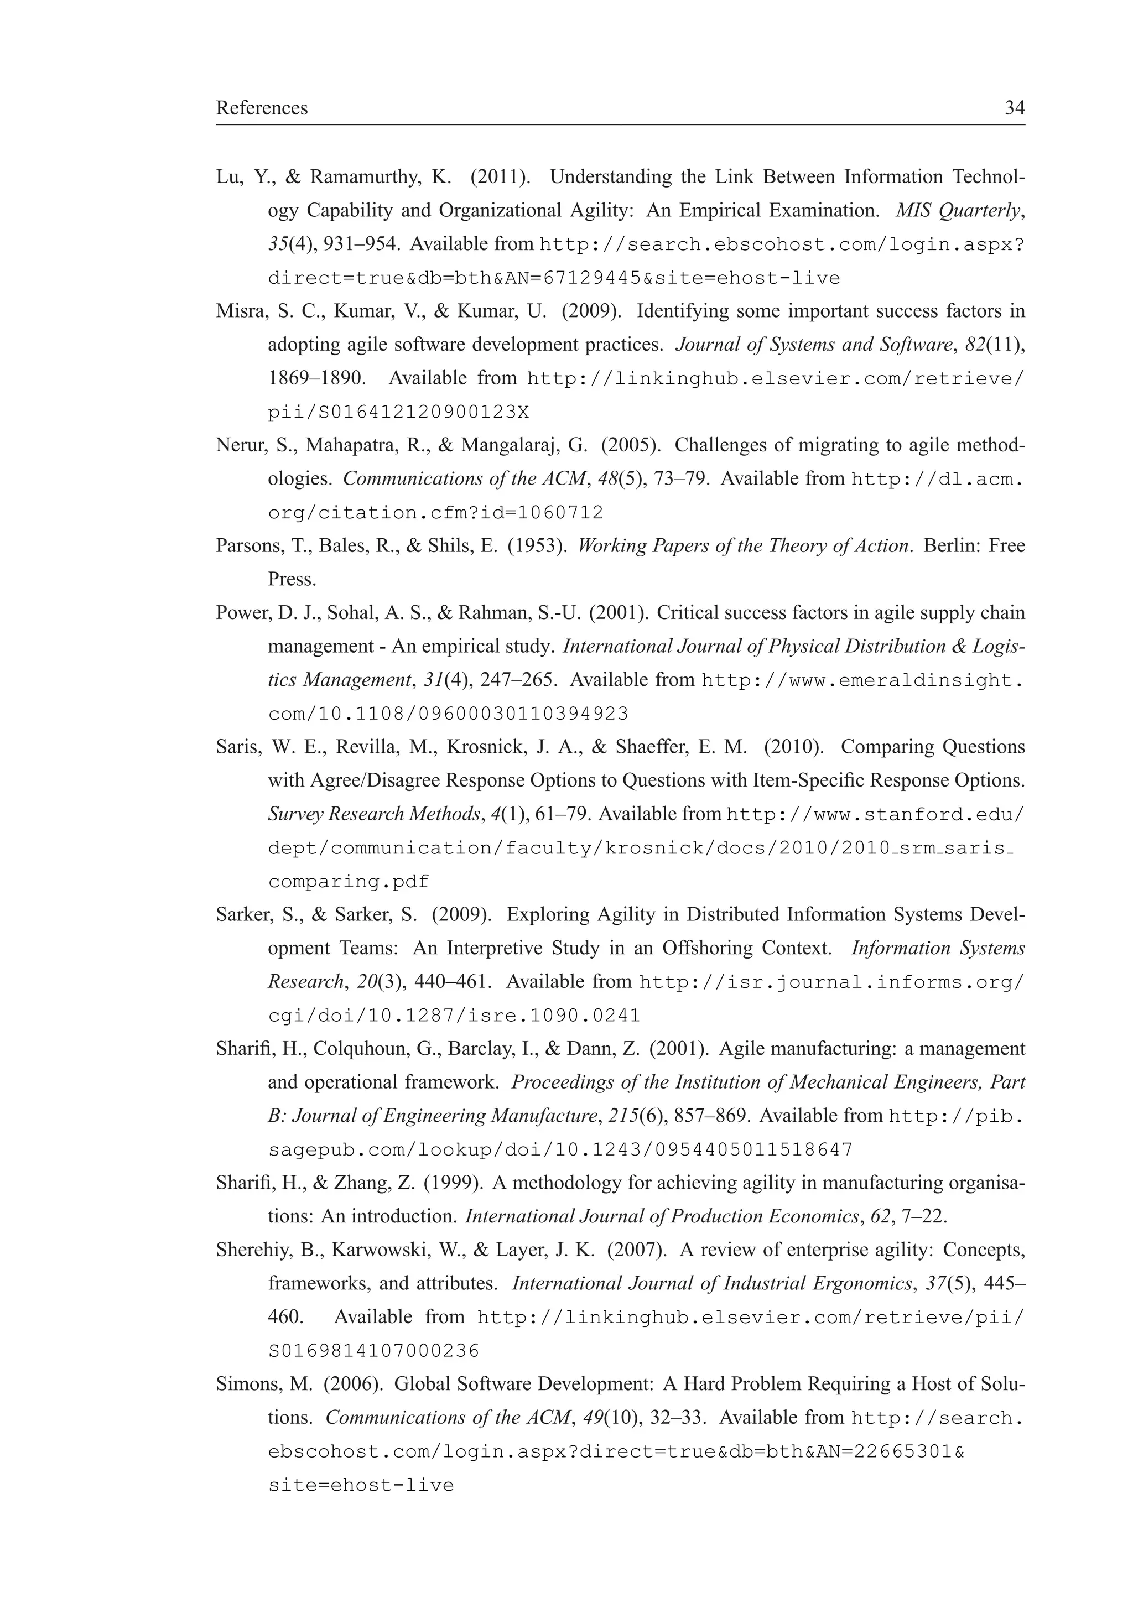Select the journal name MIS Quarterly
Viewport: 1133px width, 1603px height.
tap(959, 210)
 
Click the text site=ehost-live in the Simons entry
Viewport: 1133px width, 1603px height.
tap(361, 1485)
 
